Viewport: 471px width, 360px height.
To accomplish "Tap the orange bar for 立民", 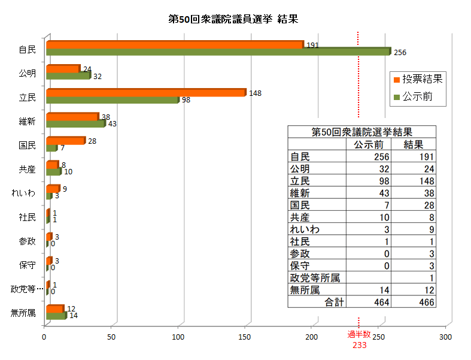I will click(145, 92).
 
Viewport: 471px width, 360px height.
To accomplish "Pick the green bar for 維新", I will click(75, 124).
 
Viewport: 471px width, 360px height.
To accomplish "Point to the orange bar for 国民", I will click(65, 140).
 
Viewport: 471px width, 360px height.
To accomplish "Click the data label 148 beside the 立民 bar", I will click(256, 93).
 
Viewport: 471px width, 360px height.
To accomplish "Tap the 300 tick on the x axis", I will click(445, 337).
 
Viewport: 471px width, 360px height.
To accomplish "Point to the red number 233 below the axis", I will click(359, 346).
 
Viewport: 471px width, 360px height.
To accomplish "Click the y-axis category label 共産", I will click(27, 169).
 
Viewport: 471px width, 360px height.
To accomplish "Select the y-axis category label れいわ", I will click(24, 193).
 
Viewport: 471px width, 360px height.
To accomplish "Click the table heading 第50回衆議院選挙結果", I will click(361, 132).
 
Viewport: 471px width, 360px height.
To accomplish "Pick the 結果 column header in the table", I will click(414, 144).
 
